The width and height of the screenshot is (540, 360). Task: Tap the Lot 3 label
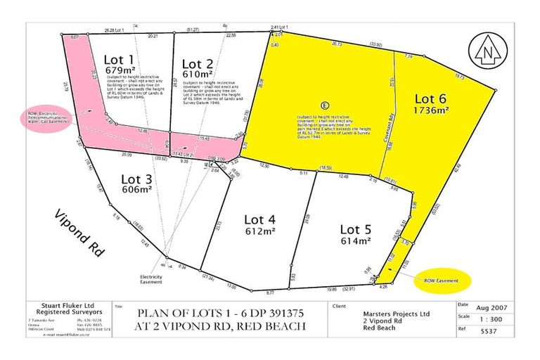(x=136, y=178)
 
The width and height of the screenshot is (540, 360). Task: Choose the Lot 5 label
(x=356, y=229)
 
